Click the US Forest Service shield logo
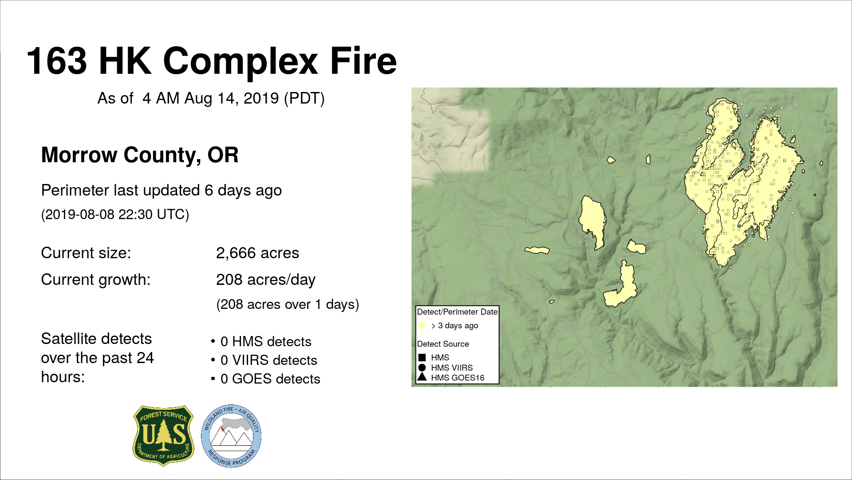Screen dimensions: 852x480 tap(163, 436)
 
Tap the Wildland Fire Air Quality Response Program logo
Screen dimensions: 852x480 tap(231, 436)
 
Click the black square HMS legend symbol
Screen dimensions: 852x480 tap(422, 357)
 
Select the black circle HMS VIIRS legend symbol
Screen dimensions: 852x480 tap(422, 368)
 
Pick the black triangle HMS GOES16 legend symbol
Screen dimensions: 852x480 tap(422, 377)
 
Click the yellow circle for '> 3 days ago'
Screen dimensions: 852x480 tap(422, 325)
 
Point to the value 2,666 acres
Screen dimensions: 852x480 tap(257, 253)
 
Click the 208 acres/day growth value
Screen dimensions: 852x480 tap(266, 280)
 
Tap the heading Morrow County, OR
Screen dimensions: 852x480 tap(140, 155)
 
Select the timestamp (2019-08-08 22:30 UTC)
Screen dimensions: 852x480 tap(115, 215)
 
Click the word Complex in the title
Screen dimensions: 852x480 tap(241, 62)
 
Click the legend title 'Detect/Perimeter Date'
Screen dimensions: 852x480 tap(457, 312)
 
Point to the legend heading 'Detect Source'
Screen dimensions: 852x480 tap(443, 344)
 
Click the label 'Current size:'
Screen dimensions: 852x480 tap(86, 253)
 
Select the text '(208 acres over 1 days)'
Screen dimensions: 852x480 tap(288, 304)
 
